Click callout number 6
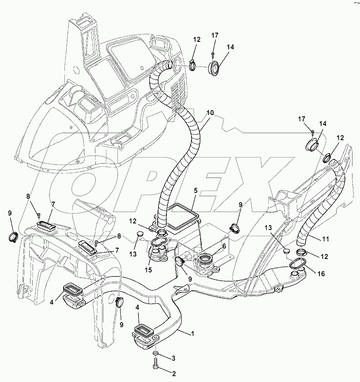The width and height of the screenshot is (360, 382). [224, 246]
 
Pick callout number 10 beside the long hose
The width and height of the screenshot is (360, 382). [209, 113]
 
